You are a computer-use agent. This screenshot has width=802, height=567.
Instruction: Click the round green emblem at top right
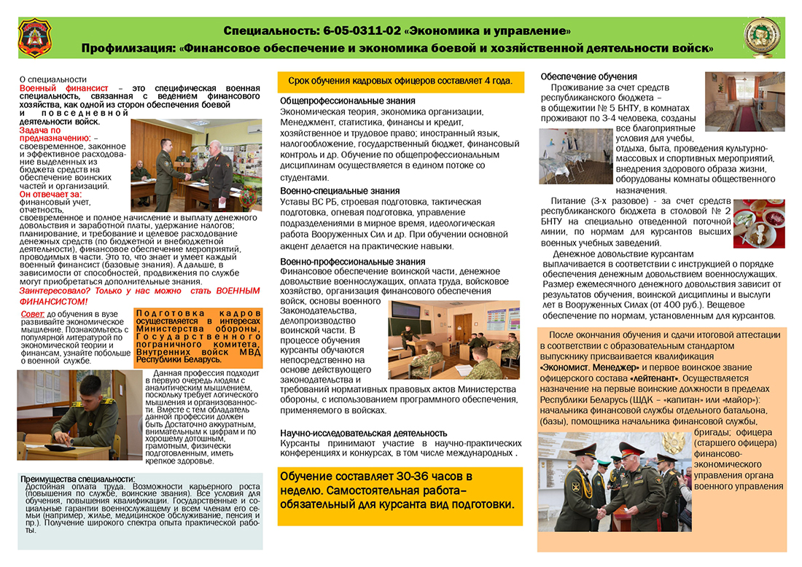tap(762, 36)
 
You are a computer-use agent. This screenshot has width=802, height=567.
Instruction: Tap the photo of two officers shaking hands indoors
tap(196, 165)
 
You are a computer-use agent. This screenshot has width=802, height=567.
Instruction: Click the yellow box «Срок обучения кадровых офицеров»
tap(400, 80)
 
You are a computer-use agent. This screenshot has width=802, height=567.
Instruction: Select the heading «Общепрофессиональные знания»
tap(348, 101)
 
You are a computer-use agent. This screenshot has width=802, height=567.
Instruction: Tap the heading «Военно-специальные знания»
tap(340, 191)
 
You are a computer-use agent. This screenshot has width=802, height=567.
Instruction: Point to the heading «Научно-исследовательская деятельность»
tap(364, 433)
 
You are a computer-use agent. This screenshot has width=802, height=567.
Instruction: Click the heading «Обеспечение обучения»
tap(589, 77)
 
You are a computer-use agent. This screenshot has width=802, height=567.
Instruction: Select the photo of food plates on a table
tap(758, 223)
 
